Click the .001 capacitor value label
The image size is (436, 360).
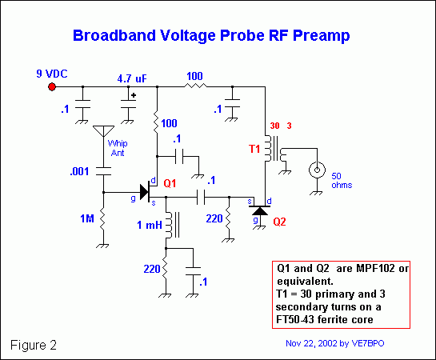tap(78, 170)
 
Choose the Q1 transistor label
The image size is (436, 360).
tap(170, 183)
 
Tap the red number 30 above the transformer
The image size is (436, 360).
tap(275, 126)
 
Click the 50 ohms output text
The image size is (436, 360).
tap(340, 179)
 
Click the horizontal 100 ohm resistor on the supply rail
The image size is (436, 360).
tap(194, 86)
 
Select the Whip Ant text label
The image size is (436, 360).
tap(118, 148)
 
